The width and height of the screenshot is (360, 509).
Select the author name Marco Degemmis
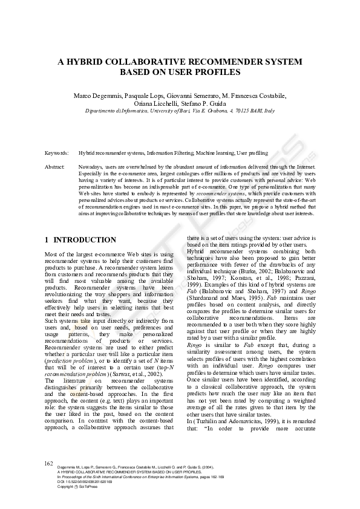(97, 96)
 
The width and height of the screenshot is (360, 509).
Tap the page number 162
(50, 463)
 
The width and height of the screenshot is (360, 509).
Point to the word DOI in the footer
(61, 481)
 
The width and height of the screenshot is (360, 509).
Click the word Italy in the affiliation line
(269, 111)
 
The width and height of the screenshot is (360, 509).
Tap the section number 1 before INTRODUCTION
(47, 240)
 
